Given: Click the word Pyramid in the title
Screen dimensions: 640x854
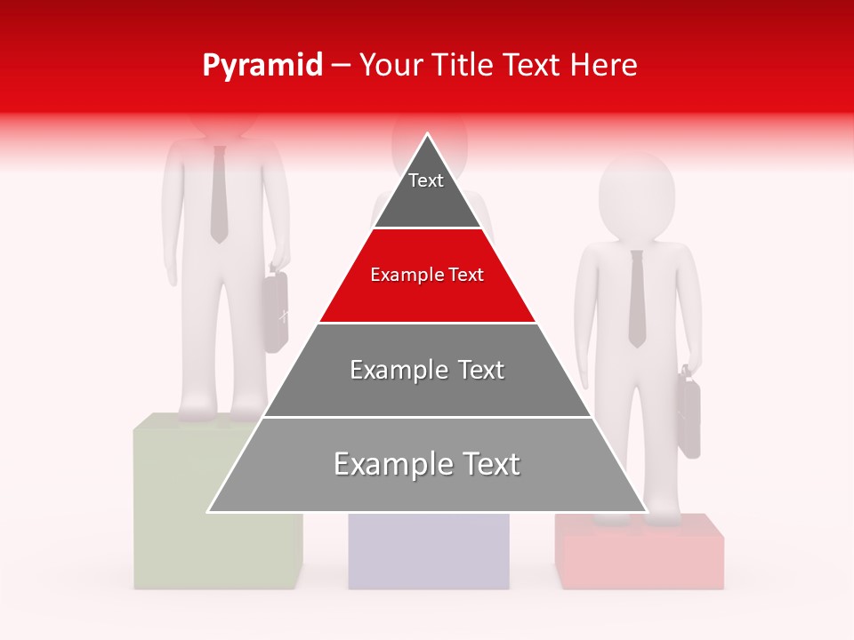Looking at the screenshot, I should [262, 66].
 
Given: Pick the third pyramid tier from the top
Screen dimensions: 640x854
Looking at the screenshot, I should [427, 370].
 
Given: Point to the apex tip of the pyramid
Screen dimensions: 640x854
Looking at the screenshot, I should [428, 135].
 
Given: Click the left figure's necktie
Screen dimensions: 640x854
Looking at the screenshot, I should [219, 196].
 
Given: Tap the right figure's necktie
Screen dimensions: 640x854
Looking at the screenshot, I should [637, 298].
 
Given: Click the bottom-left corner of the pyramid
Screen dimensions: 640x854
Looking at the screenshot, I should [210, 511].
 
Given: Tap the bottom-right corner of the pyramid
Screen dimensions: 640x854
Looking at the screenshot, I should [645, 511].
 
